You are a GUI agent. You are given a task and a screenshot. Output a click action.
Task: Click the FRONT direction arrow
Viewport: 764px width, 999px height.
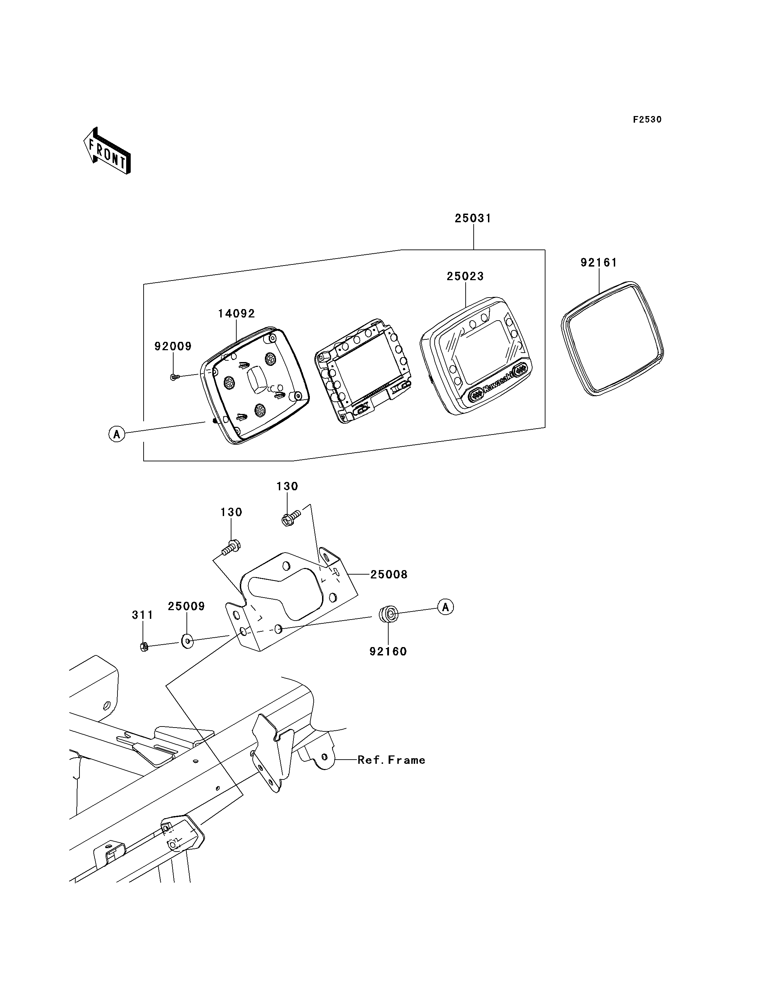click(107, 151)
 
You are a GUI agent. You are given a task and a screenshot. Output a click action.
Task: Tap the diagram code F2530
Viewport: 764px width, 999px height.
click(647, 120)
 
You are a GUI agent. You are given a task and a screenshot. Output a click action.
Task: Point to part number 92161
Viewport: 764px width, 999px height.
click(598, 263)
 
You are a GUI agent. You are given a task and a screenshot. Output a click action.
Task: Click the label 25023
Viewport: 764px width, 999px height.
click(465, 276)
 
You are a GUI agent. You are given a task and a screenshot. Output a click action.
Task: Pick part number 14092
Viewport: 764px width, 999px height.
click(236, 314)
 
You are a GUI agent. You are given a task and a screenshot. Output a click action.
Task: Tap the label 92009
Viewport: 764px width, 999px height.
click(173, 346)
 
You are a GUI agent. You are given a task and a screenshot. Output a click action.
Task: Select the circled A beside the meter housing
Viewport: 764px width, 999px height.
click(117, 434)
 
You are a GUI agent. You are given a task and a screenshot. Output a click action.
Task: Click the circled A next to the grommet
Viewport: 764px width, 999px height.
click(446, 607)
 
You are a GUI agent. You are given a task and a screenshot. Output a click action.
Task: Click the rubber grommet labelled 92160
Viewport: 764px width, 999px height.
click(388, 614)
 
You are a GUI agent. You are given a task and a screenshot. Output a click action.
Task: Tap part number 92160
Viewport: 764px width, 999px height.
click(388, 652)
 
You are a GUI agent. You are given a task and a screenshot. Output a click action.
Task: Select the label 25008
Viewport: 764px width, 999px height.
click(389, 575)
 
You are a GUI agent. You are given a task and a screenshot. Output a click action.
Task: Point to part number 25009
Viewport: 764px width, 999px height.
click(186, 607)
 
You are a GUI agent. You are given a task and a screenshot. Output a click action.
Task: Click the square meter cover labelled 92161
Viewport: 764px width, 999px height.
click(613, 339)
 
